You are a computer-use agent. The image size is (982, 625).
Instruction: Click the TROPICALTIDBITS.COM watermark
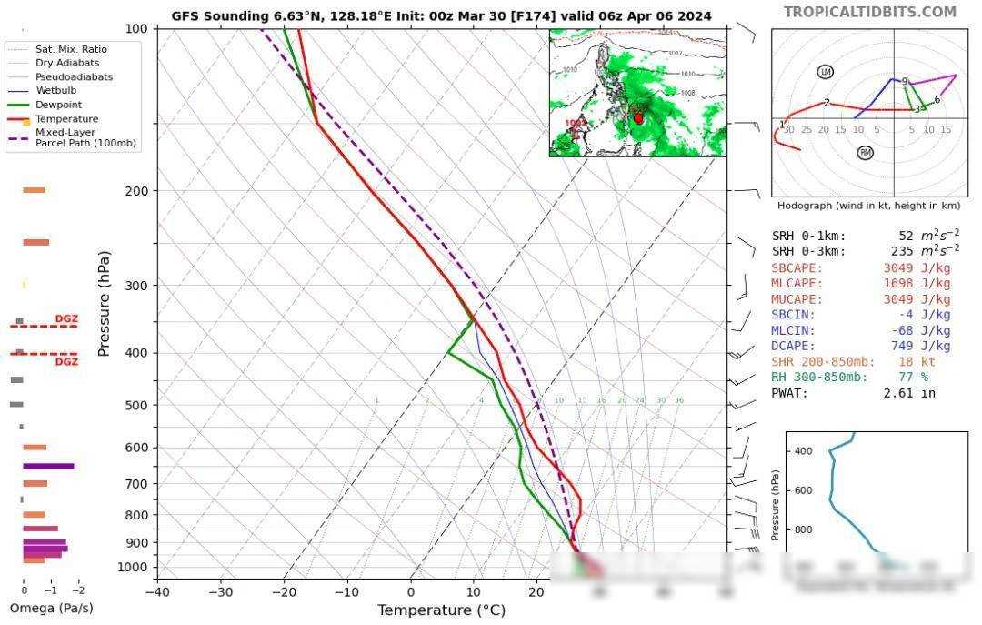(x=870, y=12)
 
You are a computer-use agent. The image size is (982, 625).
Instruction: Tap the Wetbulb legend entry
(x=55, y=91)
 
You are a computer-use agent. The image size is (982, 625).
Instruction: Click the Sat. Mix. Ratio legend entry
(x=70, y=49)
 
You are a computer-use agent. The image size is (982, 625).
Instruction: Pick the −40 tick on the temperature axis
(x=157, y=592)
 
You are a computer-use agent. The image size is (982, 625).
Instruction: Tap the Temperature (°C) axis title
(x=441, y=610)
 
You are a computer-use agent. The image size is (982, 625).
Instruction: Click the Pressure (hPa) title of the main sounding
(x=104, y=304)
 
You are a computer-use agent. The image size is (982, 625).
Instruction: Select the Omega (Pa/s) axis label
(x=51, y=608)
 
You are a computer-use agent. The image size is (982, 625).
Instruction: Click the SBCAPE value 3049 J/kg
(x=917, y=268)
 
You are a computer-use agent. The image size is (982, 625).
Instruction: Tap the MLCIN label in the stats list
(x=793, y=331)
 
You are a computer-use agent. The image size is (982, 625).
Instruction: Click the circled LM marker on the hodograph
(x=826, y=72)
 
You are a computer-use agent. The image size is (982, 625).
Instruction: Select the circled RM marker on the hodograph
(x=865, y=153)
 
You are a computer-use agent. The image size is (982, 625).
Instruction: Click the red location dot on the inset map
(x=638, y=118)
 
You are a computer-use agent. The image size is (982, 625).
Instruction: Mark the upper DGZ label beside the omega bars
(x=66, y=318)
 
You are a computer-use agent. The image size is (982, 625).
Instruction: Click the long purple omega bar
(x=48, y=466)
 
